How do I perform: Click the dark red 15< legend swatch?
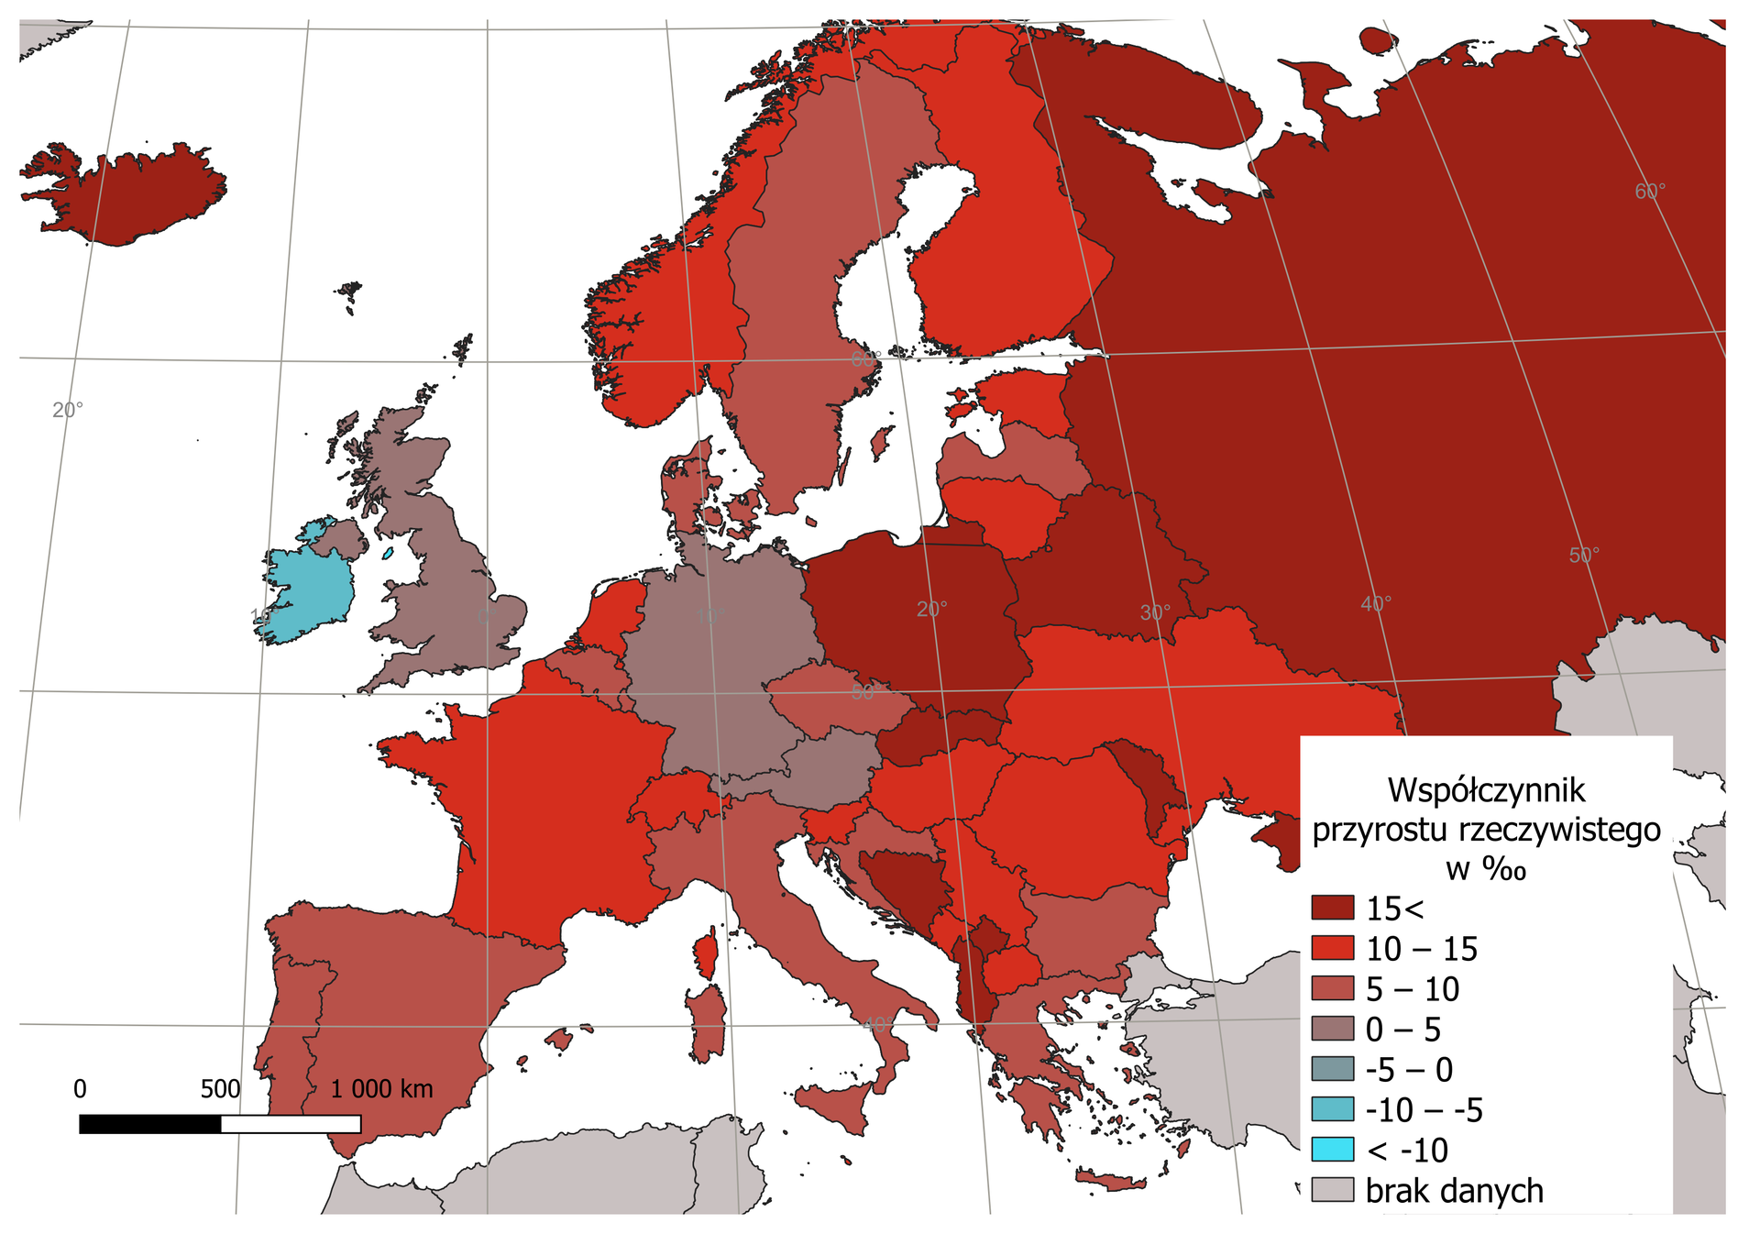[1332, 908]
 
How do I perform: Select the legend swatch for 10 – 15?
[1332, 948]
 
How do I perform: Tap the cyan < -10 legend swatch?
[1332, 1150]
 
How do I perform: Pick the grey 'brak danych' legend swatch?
[1332, 1190]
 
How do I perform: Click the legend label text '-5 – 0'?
[1409, 1070]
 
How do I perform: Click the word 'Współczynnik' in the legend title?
[1485, 789]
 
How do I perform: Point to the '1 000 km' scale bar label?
[381, 1089]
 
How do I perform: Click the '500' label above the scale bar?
[220, 1089]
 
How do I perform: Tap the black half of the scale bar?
[150, 1124]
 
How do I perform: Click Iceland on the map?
[128, 197]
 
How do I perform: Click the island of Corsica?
[707, 955]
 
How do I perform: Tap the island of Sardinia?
[707, 1022]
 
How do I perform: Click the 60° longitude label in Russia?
[1650, 192]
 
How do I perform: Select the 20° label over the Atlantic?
[67, 410]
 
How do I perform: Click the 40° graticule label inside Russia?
[1375, 603]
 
